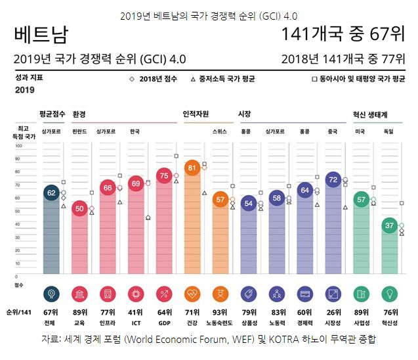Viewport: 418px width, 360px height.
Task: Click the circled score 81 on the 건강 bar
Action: [192, 168]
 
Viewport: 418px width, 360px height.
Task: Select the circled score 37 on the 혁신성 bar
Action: [390, 225]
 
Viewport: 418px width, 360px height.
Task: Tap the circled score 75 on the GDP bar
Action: [164, 175]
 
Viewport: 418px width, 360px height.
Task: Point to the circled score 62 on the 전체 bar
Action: [51, 192]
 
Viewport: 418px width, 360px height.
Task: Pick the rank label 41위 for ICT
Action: [136, 312]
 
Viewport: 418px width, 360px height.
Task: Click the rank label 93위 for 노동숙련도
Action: [220, 312]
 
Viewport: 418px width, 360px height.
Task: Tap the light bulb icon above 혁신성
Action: [390, 293]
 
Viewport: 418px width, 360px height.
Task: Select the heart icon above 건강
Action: [192, 293]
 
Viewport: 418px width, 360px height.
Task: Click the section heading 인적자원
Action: [196, 114]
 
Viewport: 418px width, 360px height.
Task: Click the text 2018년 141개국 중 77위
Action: [343, 59]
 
